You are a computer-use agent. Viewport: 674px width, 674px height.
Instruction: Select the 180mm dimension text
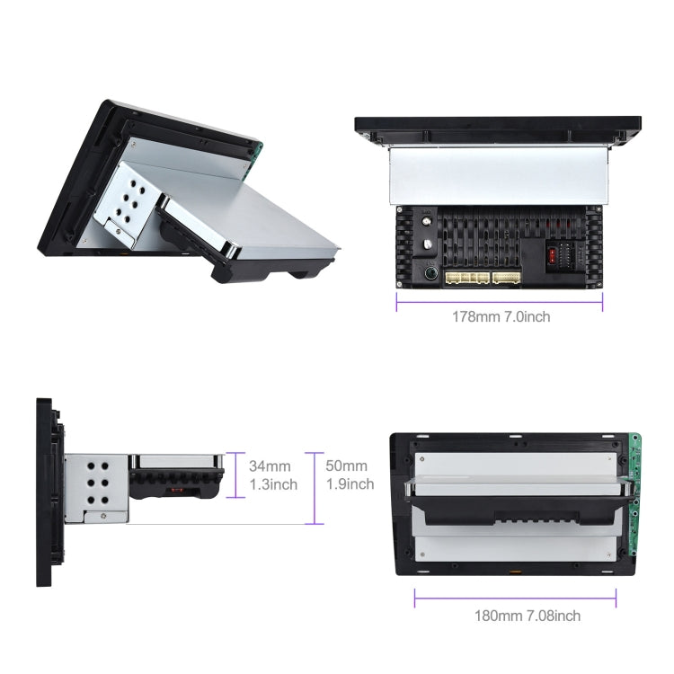pos(498,616)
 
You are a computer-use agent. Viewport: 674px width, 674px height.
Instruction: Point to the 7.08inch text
pos(552,616)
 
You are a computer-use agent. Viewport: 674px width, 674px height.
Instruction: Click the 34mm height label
pos(270,466)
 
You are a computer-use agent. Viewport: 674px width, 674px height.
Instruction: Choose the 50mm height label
pos(346,466)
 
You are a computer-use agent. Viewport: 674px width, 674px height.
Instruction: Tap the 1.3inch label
pos(272,484)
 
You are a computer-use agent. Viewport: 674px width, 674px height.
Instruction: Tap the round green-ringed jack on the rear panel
pos(430,273)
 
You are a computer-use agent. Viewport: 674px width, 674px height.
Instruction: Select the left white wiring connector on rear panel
pos(466,278)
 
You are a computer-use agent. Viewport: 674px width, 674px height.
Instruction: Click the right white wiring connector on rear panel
pos(507,278)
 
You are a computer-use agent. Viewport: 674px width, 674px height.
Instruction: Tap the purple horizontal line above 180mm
pos(515,599)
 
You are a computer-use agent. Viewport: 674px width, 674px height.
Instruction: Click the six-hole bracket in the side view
pos(97,486)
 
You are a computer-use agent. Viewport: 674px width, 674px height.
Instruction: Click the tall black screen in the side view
pos(44,492)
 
